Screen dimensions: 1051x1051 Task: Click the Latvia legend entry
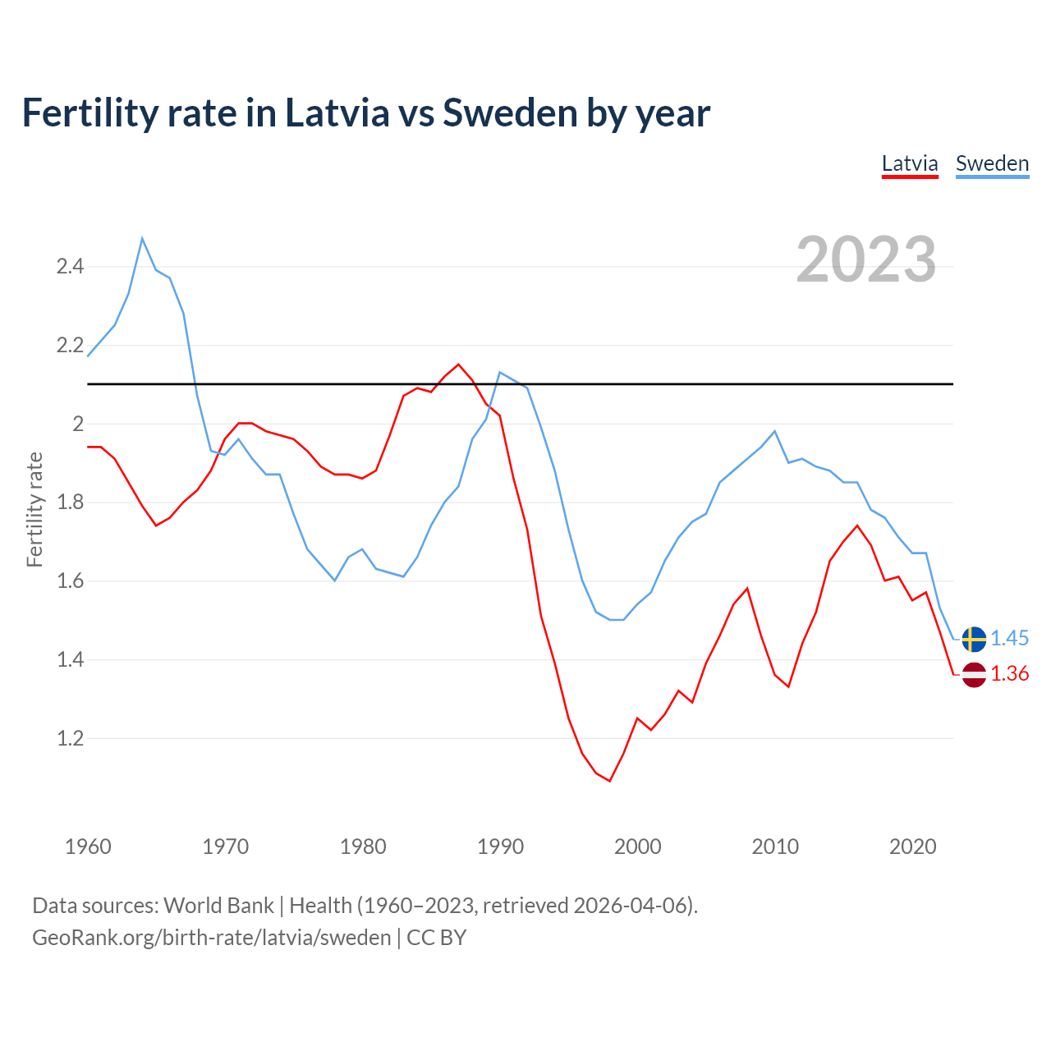pos(910,163)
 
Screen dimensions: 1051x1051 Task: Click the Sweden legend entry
pos(992,163)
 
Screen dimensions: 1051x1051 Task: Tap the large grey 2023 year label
pos(866,259)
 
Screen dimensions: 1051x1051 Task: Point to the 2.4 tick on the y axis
pos(70,266)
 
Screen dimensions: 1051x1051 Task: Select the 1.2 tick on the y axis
pos(70,738)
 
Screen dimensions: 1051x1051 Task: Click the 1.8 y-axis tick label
pos(70,502)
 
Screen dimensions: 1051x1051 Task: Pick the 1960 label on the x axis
pos(88,847)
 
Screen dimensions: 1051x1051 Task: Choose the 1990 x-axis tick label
pos(500,847)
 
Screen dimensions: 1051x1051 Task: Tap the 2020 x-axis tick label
pos(912,847)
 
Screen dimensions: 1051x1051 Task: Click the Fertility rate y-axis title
pos(34,509)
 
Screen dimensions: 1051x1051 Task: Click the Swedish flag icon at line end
pos(974,639)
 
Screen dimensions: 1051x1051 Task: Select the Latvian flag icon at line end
pos(974,674)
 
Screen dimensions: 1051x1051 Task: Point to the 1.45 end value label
pos(1009,638)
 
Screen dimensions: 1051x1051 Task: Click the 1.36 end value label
pos(1009,673)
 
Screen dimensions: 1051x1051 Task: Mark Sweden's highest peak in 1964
pos(142,239)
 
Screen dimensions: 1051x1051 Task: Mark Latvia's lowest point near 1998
pos(609,781)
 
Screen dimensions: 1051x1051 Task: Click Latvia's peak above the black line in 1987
pos(458,365)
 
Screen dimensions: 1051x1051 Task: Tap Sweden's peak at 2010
pos(774,431)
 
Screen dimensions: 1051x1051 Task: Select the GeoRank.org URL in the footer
pos(212,937)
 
